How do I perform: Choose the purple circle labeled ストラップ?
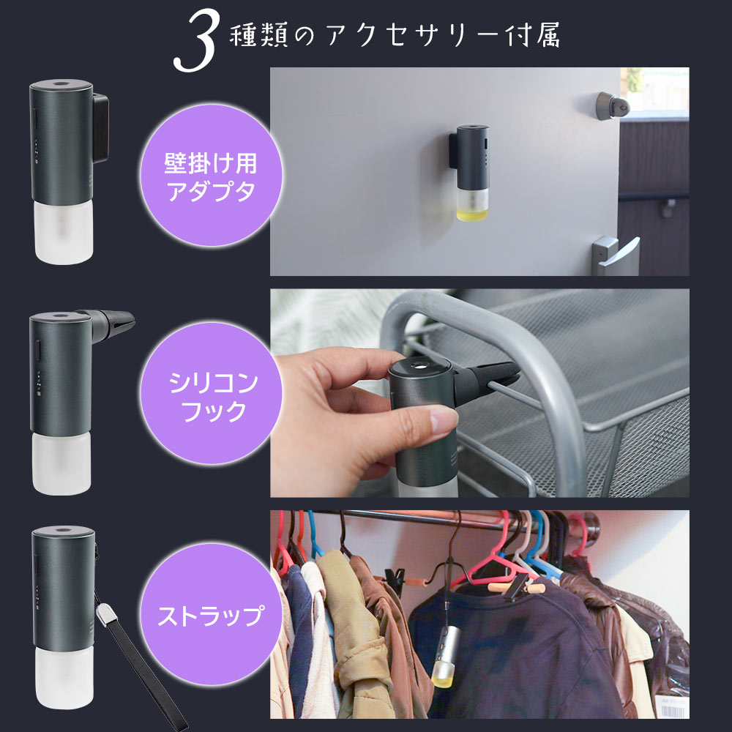211,616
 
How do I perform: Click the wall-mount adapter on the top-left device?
101,128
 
